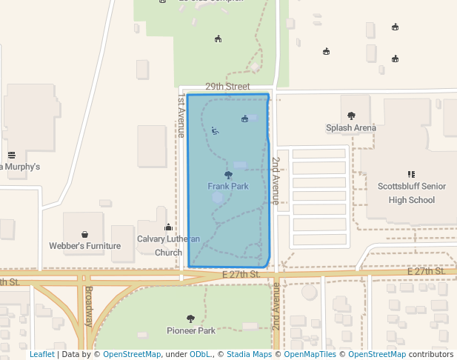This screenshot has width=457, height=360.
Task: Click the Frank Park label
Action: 228,187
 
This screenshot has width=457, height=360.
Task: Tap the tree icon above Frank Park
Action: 228,176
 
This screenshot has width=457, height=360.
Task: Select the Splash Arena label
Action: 351,128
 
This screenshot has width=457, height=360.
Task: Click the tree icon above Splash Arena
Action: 351,116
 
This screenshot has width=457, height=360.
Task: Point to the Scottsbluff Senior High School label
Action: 412,193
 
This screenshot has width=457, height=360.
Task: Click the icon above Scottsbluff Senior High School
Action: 412,175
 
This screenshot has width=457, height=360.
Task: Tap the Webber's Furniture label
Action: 84,246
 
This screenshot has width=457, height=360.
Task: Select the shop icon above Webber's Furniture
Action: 84,234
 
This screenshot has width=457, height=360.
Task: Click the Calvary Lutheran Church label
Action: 169,245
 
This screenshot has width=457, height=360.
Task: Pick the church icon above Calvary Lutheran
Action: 168,227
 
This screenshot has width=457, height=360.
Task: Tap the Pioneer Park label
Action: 191,330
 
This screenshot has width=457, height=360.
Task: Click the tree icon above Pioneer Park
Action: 191,319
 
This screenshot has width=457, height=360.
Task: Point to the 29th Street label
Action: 227,87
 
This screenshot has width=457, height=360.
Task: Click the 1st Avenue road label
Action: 180,116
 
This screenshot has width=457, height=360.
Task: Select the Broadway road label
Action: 88,306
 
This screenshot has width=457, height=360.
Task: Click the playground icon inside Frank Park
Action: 215,130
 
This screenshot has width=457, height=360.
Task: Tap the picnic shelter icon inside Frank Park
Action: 245,119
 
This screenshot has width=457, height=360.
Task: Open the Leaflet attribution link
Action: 42,355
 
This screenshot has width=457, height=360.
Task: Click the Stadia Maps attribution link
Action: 249,355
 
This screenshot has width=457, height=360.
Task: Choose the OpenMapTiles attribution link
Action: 312,355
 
